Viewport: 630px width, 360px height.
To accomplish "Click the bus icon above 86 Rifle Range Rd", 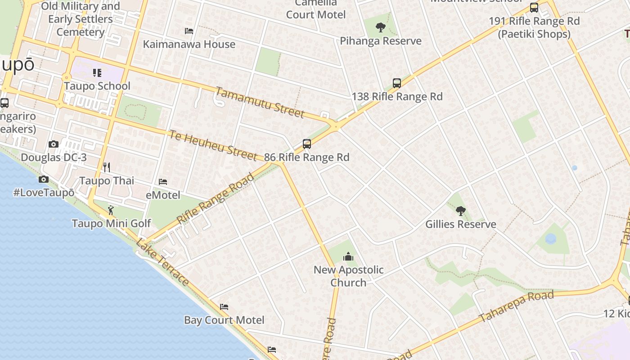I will [x=307, y=144].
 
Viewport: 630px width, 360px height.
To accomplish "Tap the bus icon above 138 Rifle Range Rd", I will [x=396, y=83].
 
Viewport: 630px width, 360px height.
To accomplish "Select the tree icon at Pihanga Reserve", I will [x=381, y=27].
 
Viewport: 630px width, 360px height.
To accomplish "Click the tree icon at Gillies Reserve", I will [x=460, y=211].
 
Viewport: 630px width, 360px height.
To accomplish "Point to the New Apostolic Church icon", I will [x=348, y=257].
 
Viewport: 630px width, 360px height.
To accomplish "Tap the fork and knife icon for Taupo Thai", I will [x=107, y=167].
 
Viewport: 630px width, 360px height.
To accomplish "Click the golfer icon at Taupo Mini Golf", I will [x=111, y=210].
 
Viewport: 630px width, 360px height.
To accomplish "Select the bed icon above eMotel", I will [x=163, y=182].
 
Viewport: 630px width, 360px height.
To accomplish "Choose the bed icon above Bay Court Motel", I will [x=224, y=307].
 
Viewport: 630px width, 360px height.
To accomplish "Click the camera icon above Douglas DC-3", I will [x=54, y=144].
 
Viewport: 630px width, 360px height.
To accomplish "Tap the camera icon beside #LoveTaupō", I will [x=44, y=180].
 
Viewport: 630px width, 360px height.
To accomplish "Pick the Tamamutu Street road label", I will [x=260, y=102].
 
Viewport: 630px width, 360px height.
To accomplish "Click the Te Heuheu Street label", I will [x=213, y=144].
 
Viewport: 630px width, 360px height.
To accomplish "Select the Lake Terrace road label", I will [x=162, y=262].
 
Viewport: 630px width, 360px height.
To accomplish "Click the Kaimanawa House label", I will [x=189, y=44].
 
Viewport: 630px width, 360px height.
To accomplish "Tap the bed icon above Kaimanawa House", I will [x=189, y=31].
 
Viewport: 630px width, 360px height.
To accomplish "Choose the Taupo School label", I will [x=97, y=86].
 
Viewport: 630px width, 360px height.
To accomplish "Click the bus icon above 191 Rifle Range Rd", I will [x=534, y=8].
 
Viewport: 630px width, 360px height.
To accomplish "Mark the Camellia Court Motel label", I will [x=316, y=10].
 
